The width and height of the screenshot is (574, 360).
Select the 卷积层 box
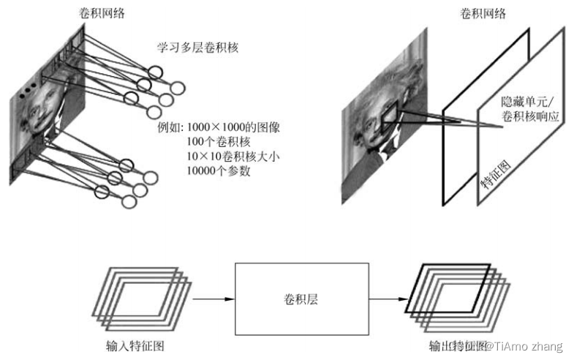(302, 299)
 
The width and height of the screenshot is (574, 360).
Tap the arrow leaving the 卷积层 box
(388, 299)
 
